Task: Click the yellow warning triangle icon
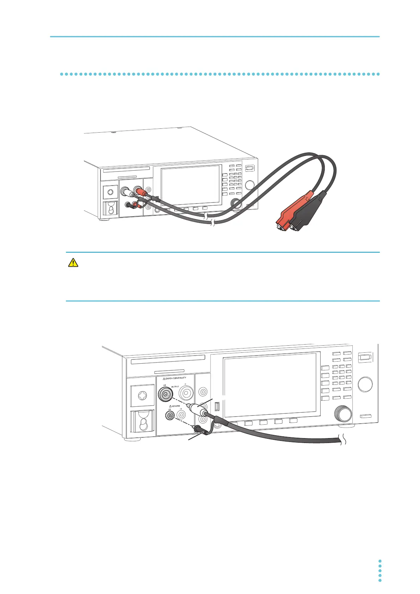coord(73,262)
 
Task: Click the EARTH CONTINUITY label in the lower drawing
coord(174,378)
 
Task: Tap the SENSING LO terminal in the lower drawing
coord(170,416)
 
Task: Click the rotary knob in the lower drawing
coord(342,414)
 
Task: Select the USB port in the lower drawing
coord(217,406)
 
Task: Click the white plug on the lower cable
coord(198,410)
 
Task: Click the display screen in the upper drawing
coord(191,184)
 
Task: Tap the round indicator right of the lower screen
coord(365,384)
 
